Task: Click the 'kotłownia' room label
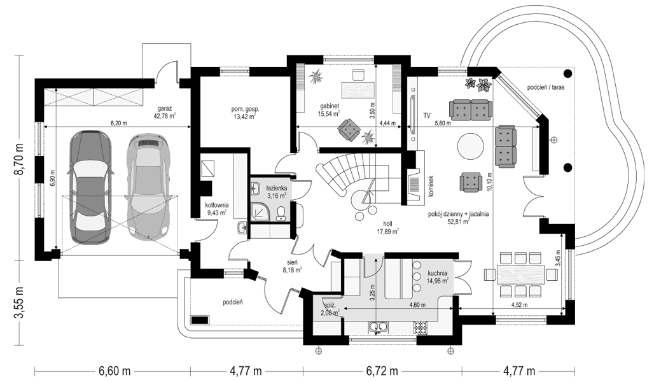pos(217,205)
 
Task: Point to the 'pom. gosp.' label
pos(246,109)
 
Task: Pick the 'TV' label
pos(427,115)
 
